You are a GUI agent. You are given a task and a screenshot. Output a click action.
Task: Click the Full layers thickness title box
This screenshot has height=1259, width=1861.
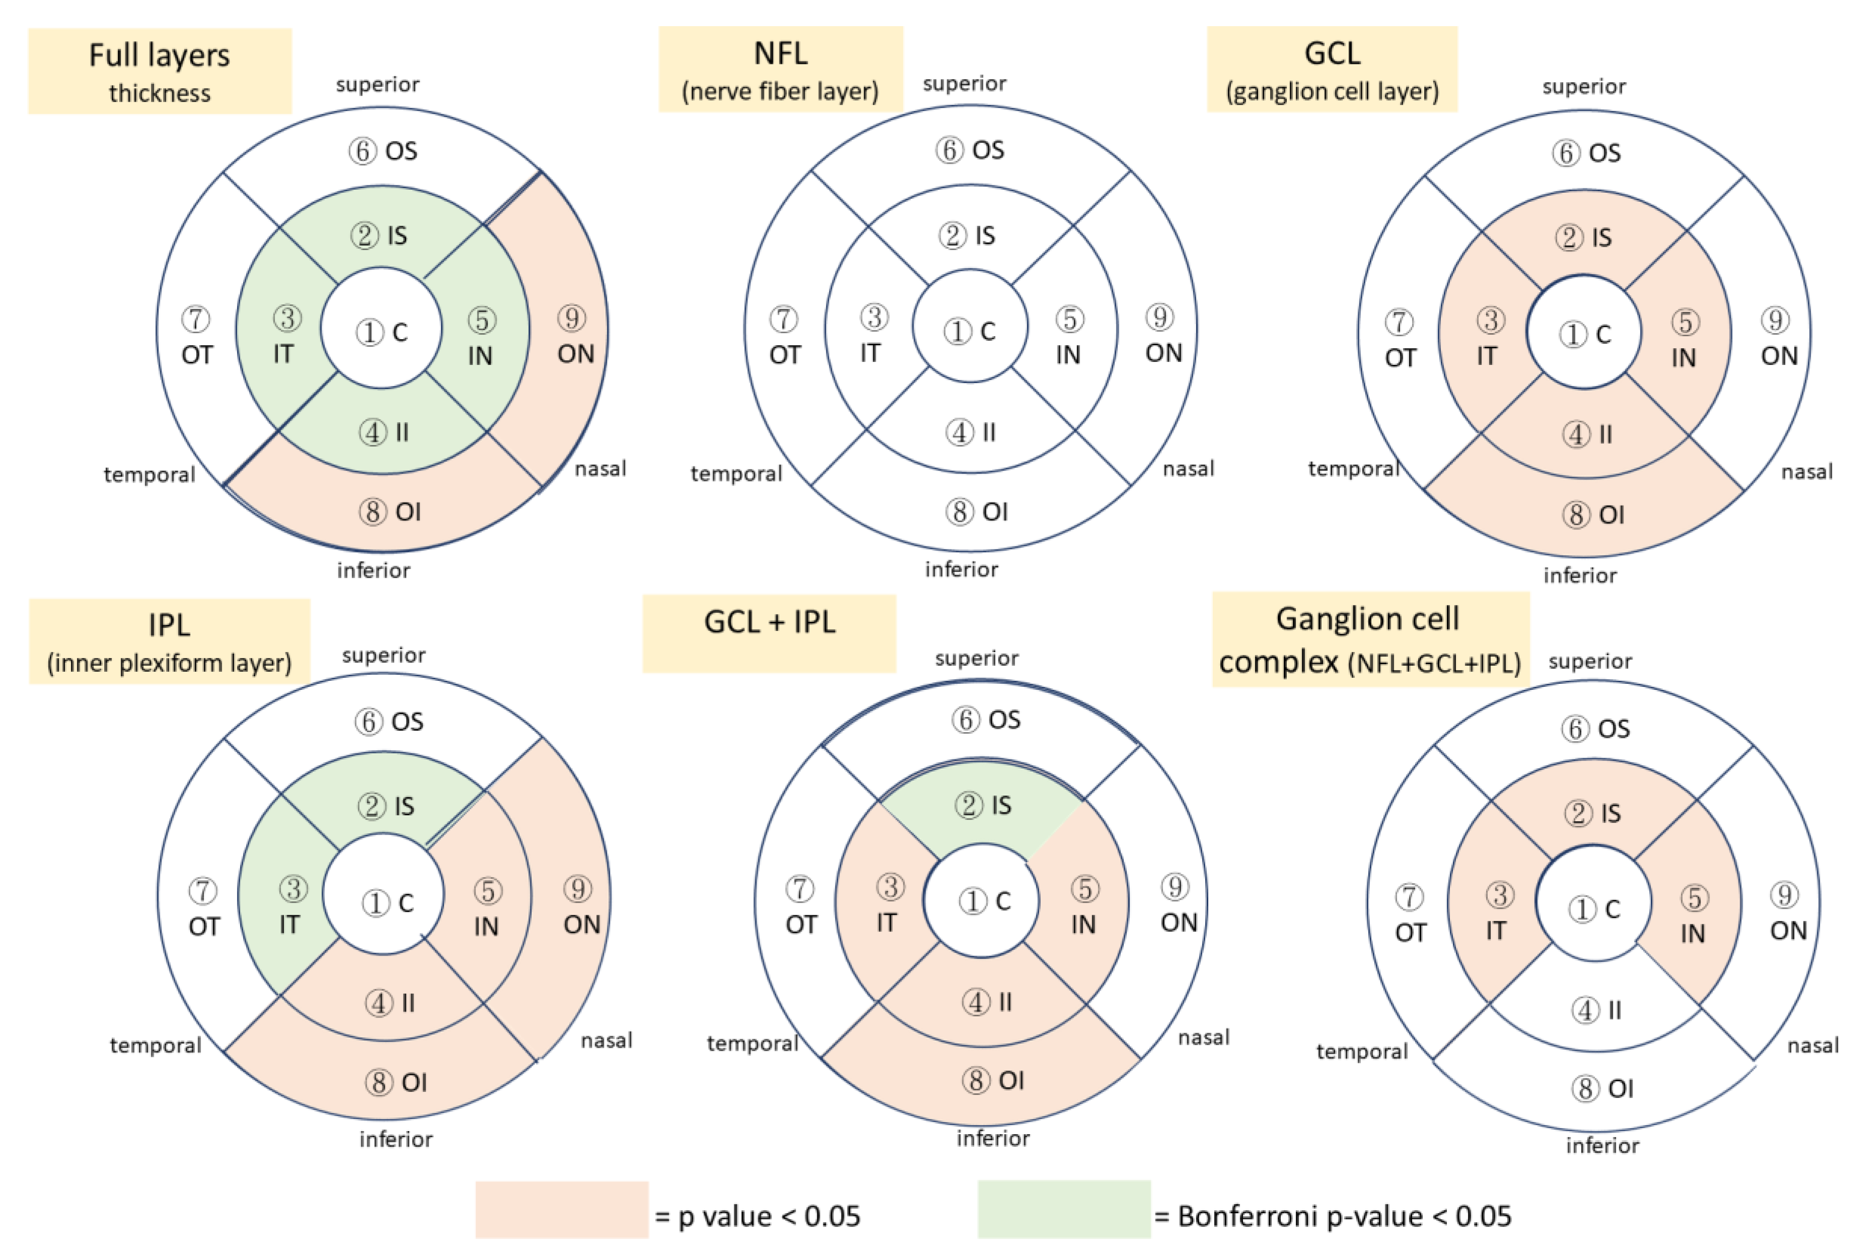pyautogui.click(x=160, y=71)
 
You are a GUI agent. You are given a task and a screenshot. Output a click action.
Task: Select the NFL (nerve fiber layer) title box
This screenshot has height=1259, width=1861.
pyautogui.click(x=780, y=69)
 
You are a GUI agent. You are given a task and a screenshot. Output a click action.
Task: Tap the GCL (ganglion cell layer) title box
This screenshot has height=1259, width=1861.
pyautogui.click(x=1332, y=69)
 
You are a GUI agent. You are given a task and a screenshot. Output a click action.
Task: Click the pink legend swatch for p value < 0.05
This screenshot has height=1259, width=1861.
pyautogui.click(x=561, y=1209)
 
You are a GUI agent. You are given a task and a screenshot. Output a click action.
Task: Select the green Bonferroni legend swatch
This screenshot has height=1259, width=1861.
pyautogui.click(x=1063, y=1209)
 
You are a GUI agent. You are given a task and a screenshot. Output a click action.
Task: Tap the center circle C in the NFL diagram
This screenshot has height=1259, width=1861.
pyautogui.click(x=970, y=330)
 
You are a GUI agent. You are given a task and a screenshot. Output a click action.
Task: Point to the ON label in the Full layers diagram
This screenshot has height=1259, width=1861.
pyautogui.click(x=575, y=353)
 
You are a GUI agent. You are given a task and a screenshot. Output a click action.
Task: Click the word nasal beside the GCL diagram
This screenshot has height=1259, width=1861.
pyautogui.click(x=1807, y=471)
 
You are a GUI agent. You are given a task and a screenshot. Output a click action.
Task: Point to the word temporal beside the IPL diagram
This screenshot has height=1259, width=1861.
pyautogui.click(x=156, y=1045)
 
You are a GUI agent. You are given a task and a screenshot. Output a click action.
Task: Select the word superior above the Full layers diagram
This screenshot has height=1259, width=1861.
pyautogui.click(x=377, y=84)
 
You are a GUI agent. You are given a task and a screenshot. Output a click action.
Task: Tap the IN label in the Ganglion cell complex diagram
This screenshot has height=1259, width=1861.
pyautogui.click(x=1692, y=932)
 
